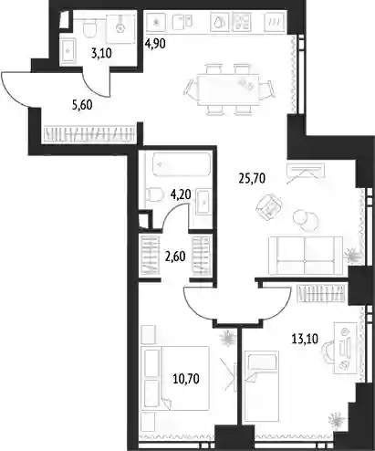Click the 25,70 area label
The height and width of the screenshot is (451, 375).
(x=252, y=178)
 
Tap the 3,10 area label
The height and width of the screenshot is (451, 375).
(x=101, y=53)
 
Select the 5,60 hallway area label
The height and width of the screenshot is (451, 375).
(x=82, y=105)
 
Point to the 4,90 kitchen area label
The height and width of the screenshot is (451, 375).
(x=155, y=44)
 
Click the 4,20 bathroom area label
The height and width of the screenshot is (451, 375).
(x=181, y=194)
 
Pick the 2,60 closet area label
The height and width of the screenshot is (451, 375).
(x=175, y=257)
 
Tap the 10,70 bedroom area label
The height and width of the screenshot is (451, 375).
(x=186, y=379)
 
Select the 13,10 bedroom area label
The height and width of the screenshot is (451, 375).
(x=305, y=338)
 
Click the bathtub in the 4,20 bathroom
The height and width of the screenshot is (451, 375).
(x=182, y=164)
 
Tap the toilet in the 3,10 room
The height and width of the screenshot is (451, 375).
(x=89, y=28)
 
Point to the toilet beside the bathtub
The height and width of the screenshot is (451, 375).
(x=155, y=194)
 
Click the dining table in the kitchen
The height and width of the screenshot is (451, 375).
(x=228, y=90)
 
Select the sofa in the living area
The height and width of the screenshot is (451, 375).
(x=306, y=255)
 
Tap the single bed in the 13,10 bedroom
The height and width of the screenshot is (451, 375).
(x=262, y=386)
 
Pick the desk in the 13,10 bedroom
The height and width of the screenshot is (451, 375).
(x=345, y=348)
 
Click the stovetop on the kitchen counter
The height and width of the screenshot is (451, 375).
(x=242, y=21)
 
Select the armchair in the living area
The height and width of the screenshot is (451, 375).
(x=269, y=207)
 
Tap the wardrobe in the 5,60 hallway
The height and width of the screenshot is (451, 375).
(x=89, y=134)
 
